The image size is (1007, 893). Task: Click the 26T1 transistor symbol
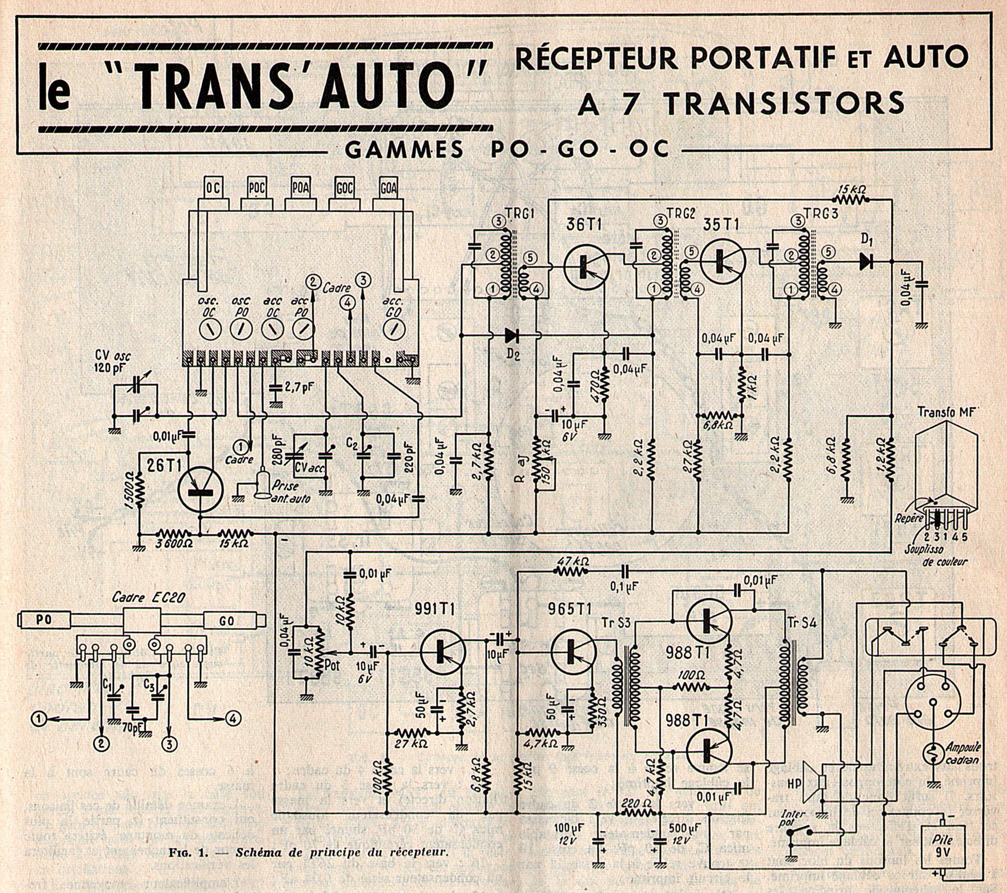200,489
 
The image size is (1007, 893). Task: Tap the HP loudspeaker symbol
815,782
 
